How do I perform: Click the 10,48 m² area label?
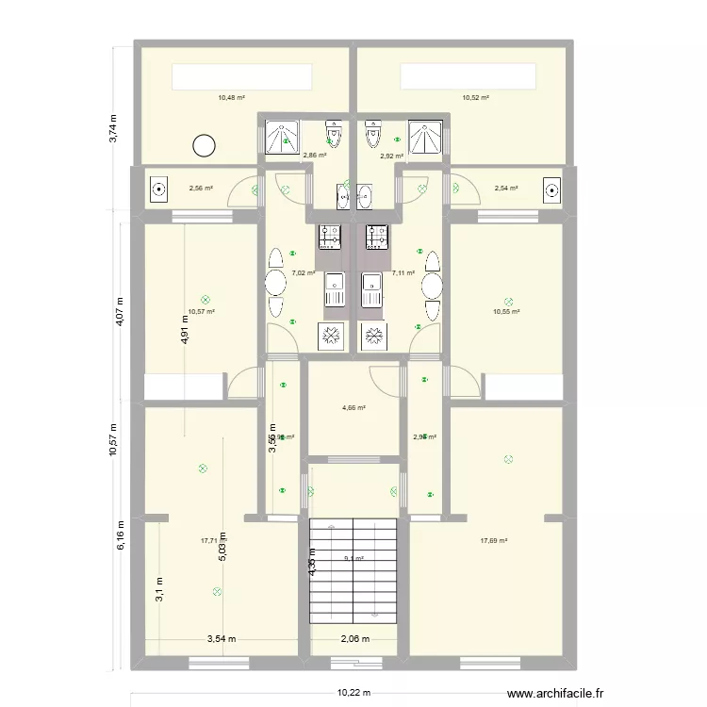point(231,97)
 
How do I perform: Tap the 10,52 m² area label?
point(475,97)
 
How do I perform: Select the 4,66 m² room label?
point(353,408)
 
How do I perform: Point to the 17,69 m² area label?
point(494,541)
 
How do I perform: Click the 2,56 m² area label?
point(201,188)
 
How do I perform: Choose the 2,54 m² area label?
point(506,188)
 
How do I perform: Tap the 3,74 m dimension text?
point(114,128)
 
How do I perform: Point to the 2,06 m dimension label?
point(355,639)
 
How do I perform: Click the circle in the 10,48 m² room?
point(204,145)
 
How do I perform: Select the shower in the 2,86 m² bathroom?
point(281,138)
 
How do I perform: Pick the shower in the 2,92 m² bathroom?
point(426,138)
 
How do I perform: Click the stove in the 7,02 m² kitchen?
point(331,238)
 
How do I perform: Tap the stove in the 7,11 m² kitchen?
point(377,238)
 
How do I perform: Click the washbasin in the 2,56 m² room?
point(157,190)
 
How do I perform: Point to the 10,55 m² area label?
point(506,311)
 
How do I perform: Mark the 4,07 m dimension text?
point(120,311)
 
